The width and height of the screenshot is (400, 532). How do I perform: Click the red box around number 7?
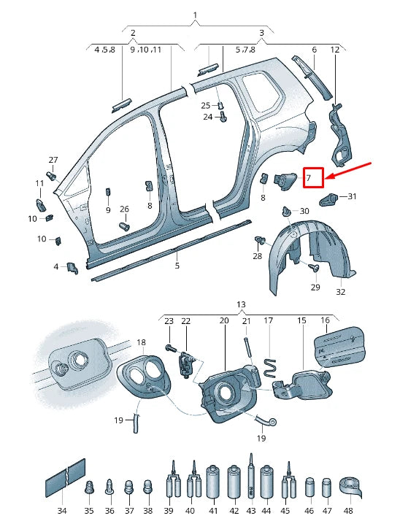pyautogui.click(x=313, y=177)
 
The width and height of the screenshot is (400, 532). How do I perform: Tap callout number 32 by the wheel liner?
pyautogui.click(x=340, y=292)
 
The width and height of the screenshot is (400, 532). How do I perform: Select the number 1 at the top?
pyautogui.click(x=195, y=15)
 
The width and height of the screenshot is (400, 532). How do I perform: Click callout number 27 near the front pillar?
pyautogui.click(x=53, y=160)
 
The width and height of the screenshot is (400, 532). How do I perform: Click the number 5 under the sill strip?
pyautogui.click(x=177, y=266)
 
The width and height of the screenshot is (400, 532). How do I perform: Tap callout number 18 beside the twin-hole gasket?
pyautogui.click(x=141, y=342)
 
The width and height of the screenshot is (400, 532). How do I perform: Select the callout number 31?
pyautogui.click(x=352, y=197)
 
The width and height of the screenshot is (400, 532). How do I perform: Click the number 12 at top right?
pyautogui.click(x=335, y=50)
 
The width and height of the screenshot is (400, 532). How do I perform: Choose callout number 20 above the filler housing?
pyautogui.click(x=224, y=320)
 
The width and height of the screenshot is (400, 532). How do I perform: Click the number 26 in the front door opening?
pyautogui.click(x=124, y=209)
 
